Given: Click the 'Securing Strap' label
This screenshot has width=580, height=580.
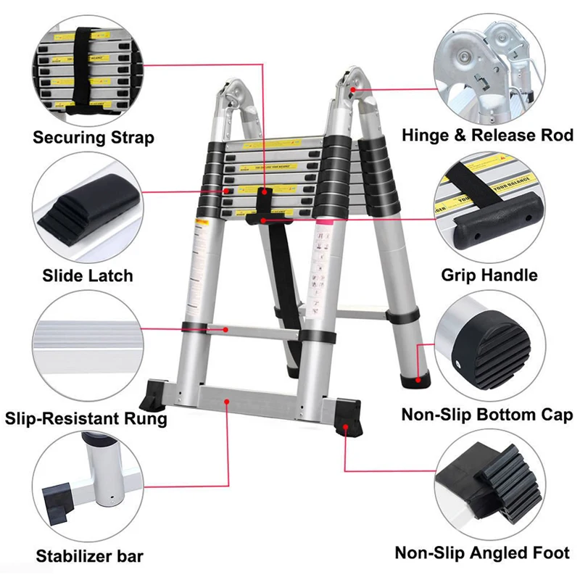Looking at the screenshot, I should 94,137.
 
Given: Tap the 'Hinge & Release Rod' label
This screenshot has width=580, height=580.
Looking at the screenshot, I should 487,135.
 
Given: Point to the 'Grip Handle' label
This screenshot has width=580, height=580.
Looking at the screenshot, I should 489,275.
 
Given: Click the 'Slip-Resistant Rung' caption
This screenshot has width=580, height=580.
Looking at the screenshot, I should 86,418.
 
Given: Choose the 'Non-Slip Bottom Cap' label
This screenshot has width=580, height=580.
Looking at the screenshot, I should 487,415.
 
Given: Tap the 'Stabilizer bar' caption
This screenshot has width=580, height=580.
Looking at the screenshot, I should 89,557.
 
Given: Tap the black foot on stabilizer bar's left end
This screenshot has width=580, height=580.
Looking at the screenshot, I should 162,395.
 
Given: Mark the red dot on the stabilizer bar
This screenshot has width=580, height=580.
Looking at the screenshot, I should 228,399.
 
